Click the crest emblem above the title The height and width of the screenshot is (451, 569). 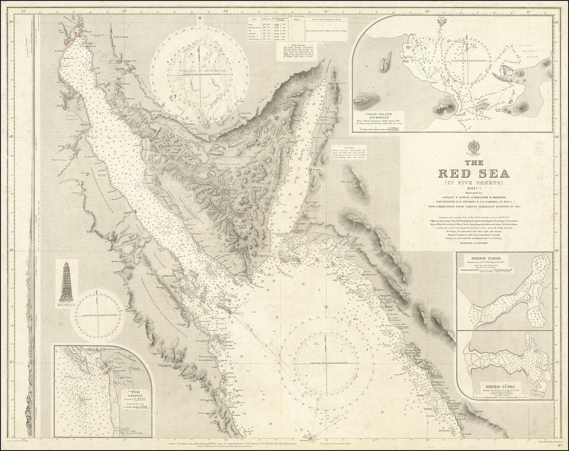[x=475, y=147]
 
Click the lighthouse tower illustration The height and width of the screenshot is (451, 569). [x=67, y=283]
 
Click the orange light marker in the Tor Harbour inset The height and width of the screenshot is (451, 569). [x=106, y=372]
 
